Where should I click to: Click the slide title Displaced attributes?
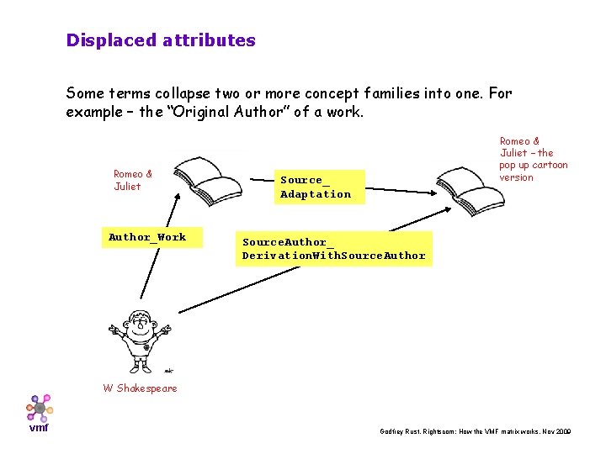tap(161, 40)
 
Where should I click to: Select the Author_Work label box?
tap(147, 237)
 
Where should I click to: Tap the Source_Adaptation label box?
tap(316, 187)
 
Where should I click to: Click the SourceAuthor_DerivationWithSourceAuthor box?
tap(334, 249)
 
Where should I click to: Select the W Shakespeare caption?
tap(140, 388)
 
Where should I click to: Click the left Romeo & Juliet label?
tap(133, 180)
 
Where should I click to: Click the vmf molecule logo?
tap(38, 408)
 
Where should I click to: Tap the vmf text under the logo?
tap(39, 428)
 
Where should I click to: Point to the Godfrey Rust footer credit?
tap(476, 430)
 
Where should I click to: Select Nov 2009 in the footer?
tap(555, 430)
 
